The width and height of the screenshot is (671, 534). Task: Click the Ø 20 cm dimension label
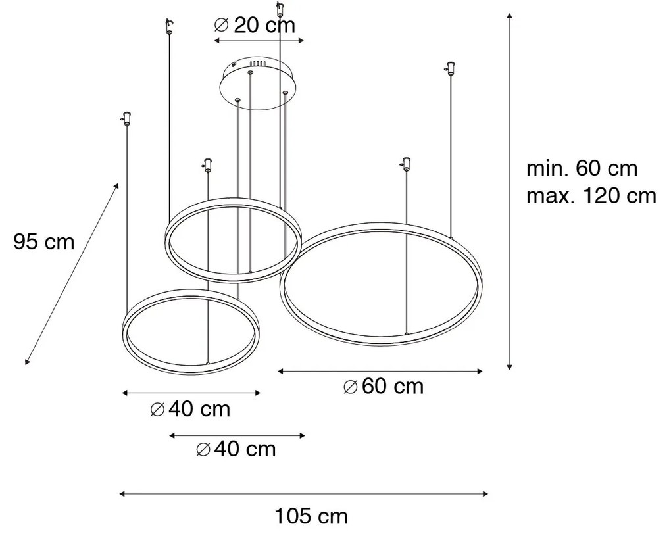(x=255, y=26)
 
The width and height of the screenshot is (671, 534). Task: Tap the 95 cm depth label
(x=44, y=242)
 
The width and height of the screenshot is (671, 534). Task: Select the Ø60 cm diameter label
(x=384, y=387)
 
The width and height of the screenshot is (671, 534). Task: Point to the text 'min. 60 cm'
(x=582, y=168)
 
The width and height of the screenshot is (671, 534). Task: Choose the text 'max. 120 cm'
(x=591, y=195)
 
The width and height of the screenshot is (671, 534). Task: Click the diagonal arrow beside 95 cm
(x=72, y=273)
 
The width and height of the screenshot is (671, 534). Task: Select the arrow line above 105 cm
(x=303, y=493)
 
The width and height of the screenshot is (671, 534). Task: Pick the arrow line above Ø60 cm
(x=380, y=372)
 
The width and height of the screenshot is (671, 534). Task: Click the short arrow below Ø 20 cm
(x=260, y=41)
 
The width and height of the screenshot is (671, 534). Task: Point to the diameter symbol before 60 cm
(x=351, y=387)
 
